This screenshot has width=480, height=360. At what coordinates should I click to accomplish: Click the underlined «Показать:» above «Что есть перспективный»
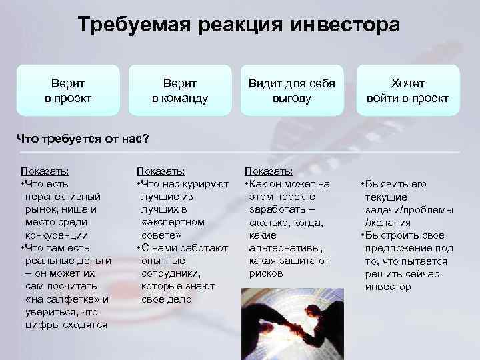tap(45, 171)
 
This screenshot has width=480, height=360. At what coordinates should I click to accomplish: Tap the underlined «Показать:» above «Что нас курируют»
tap(161, 171)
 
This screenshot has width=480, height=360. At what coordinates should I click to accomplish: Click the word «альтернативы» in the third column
tap(285, 247)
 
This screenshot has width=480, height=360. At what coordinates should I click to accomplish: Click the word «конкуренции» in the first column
tap(56, 235)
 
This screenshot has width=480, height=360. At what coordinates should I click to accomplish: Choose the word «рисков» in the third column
tap(266, 273)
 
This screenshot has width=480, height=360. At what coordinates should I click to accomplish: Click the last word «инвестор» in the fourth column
tap(388, 287)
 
